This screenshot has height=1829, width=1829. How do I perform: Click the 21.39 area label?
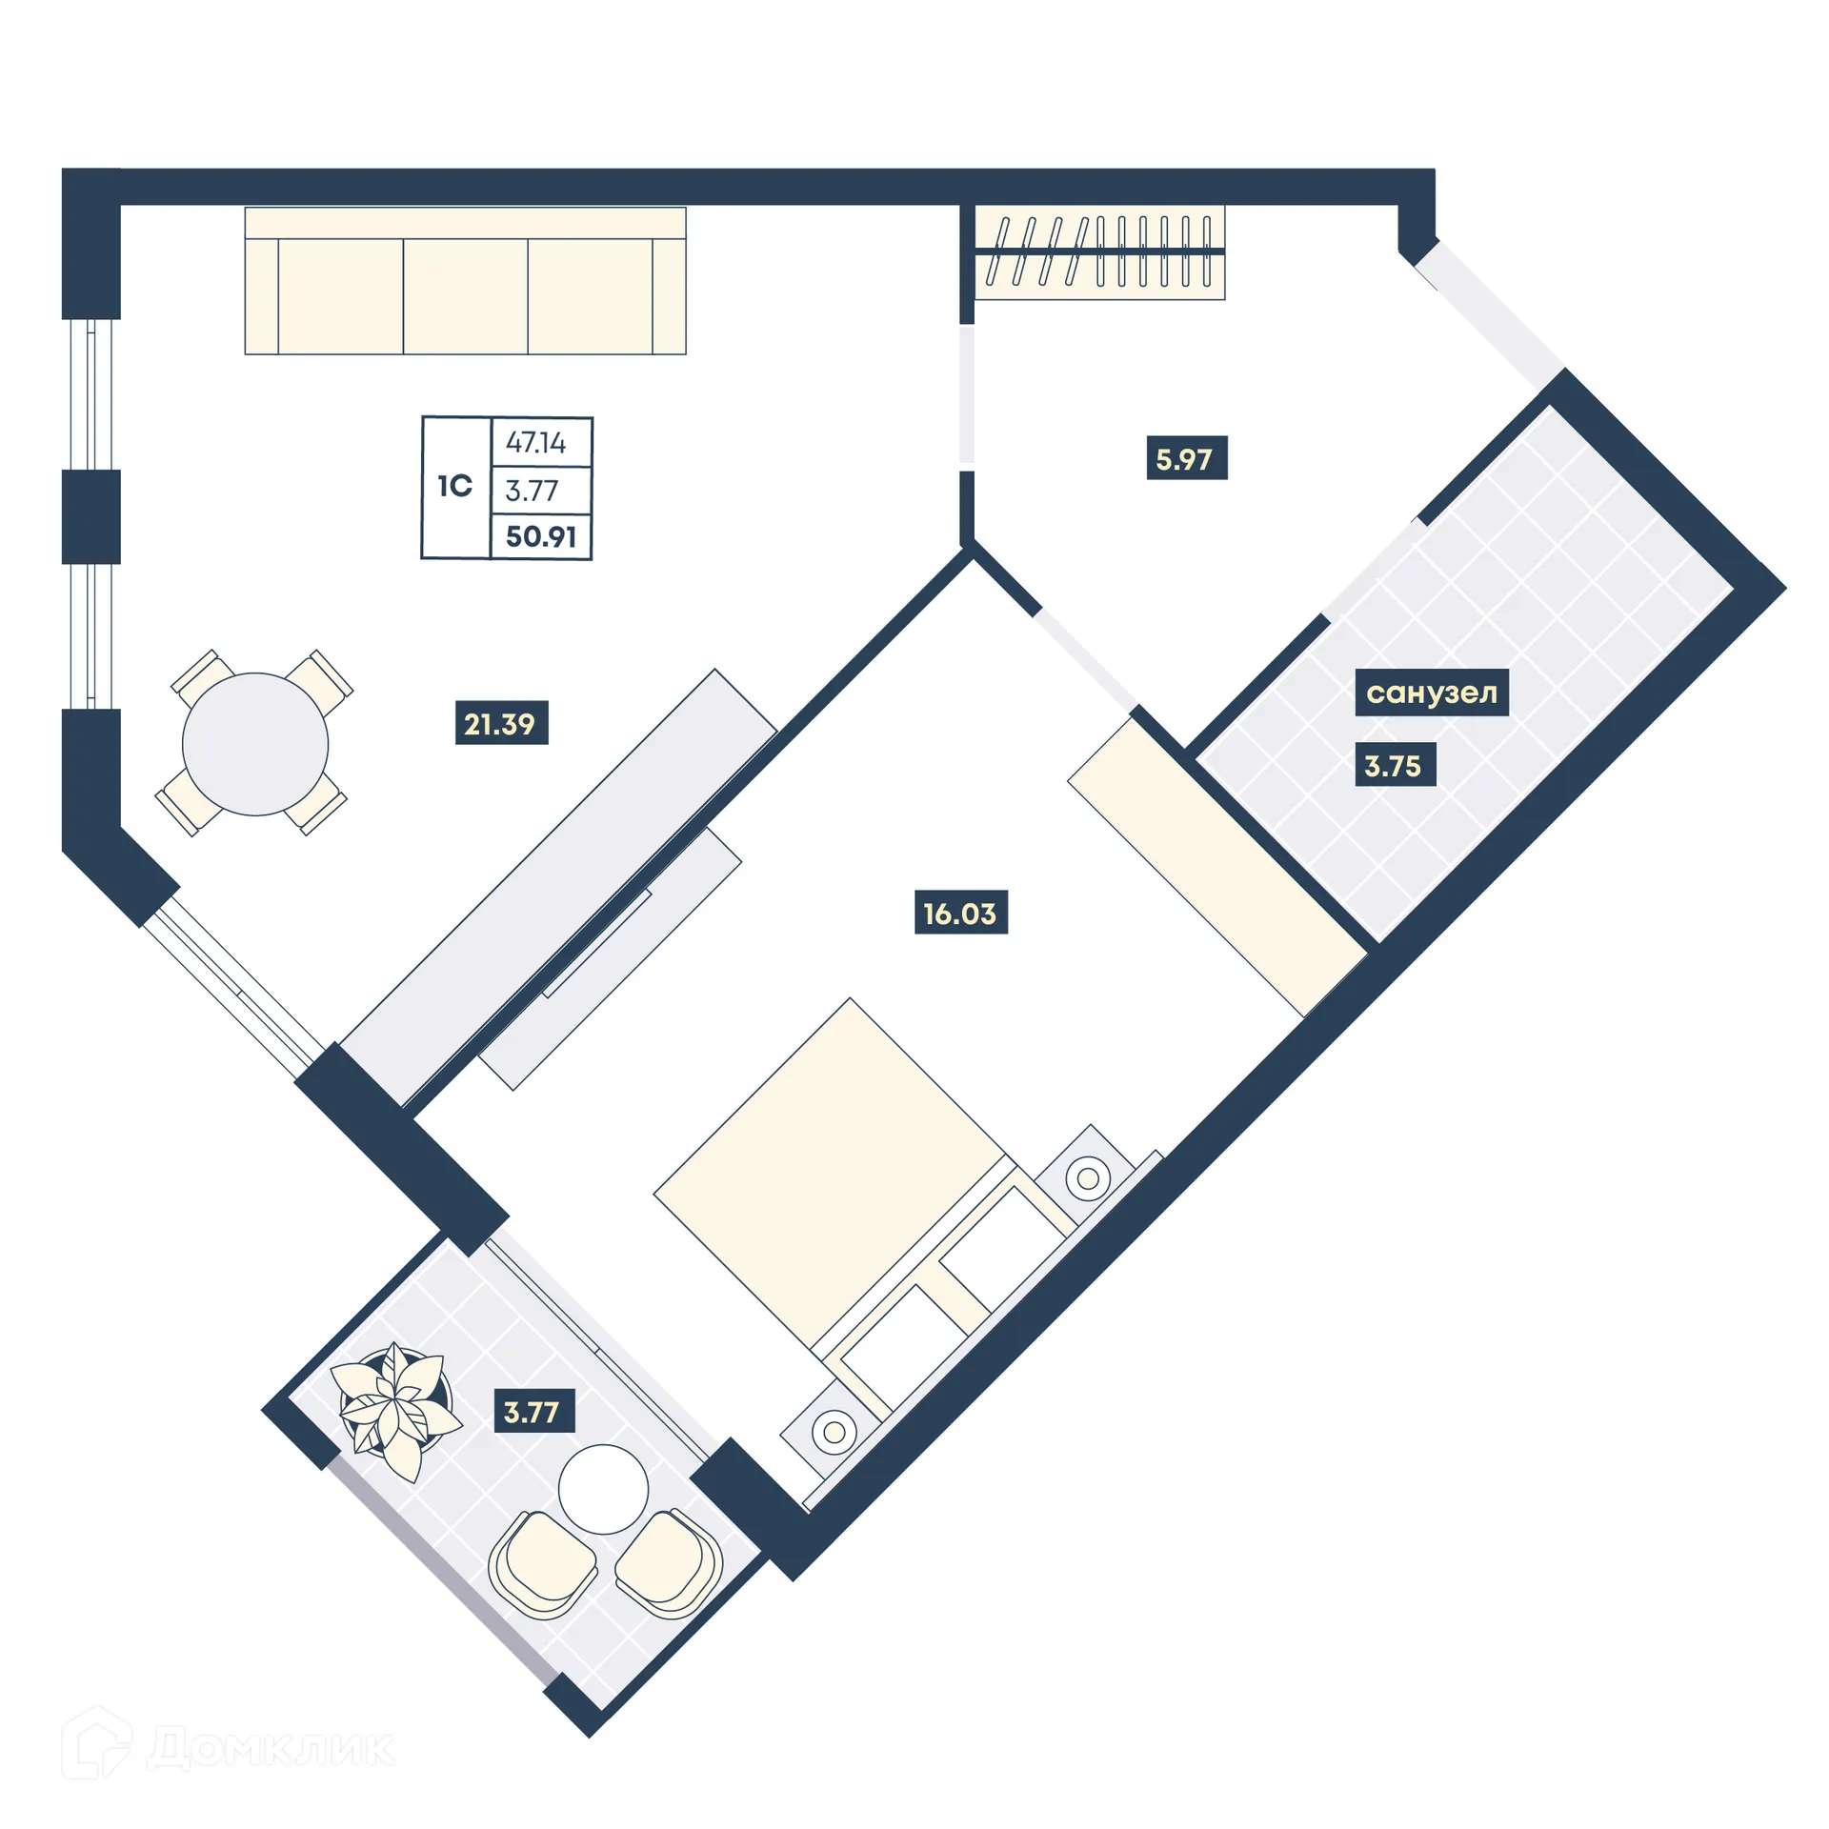(501, 723)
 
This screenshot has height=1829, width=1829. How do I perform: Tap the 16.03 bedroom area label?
(960, 913)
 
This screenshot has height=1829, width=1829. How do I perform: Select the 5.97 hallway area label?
(1185, 458)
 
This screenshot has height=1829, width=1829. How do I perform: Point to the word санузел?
(1431, 693)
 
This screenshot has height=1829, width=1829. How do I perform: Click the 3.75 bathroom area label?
(1393, 765)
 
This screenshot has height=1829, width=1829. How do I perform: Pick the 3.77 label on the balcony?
(533, 1411)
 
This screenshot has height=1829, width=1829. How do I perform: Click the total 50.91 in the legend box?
(541, 536)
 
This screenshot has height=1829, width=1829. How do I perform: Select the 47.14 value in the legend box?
(536, 442)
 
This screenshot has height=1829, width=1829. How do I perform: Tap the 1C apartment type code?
(455, 486)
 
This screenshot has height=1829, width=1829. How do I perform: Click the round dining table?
(255, 743)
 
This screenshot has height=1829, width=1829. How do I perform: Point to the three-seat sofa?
(465, 282)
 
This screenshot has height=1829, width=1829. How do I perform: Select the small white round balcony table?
(603, 1489)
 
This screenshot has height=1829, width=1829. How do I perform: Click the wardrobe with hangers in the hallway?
(1099, 252)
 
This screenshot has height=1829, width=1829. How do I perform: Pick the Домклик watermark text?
(271, 1748)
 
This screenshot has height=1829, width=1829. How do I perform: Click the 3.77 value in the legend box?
(533, 491)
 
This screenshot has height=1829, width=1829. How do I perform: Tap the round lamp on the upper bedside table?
(1088, 1178)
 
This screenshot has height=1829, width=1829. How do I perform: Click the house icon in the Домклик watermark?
(97, 1743)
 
